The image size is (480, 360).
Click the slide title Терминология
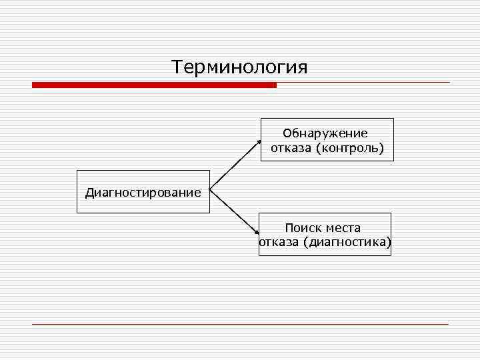(239, 68)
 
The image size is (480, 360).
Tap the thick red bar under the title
(154, 85)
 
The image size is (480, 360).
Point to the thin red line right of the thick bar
(363, 83)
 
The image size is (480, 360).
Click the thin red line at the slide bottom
(240, 324)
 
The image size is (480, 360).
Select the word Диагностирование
(143, 193)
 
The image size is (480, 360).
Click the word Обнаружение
(325, 133)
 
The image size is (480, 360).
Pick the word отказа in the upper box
(291, 147)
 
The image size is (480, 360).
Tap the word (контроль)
(351, 147)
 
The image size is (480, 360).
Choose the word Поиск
(301, 228)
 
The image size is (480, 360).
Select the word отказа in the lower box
(279, 242)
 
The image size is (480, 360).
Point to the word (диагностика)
(347, 242)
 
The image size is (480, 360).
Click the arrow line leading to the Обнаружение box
(235, 166)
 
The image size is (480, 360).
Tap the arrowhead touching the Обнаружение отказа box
(259, 142)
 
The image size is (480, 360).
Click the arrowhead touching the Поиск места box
(257, 232)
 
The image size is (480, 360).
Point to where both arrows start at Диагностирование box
(211, 191)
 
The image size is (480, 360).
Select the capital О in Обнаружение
(287, 133)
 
